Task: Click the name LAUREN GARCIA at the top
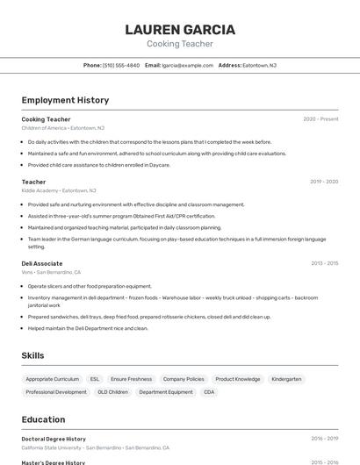coord(179,29)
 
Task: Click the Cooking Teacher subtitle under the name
coord(179,44)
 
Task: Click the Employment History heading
coord(65,100)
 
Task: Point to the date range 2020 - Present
coord(320,119)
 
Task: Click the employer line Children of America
coord(63,127)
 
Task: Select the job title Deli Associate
coord(42,263)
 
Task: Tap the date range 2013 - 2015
coord(324,263)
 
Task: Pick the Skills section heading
coord(33,355)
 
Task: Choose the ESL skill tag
coord(95,379)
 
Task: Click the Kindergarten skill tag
coord(286,379)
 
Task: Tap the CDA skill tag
coord(209,392)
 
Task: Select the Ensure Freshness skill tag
coord(132,379)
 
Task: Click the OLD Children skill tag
coord(112,392)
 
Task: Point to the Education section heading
coord(43,419)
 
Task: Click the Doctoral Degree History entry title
coord(54,439)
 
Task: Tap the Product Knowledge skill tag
coord(238,379)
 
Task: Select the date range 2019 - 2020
coord(324,182)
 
